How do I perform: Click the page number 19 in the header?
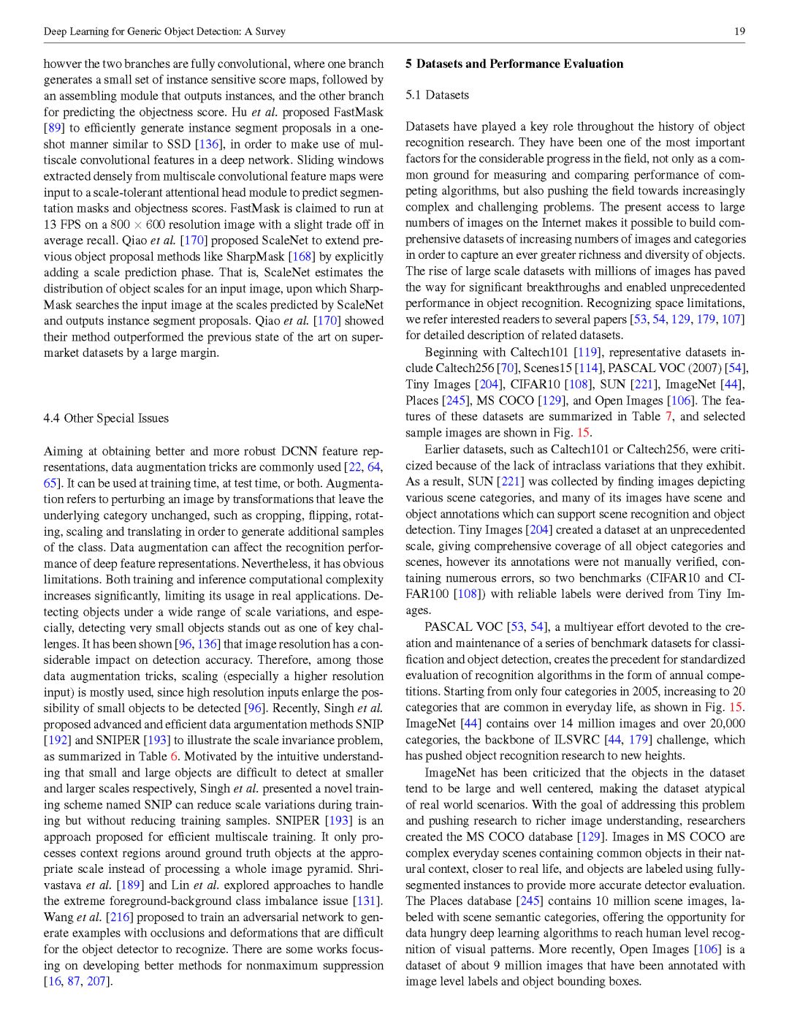pyautogui.click(x=739, y=31)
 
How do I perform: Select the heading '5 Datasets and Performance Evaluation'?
pyautogui.click(x=514, y=64)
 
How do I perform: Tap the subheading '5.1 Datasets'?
pyautogui.click(x=437, y=95)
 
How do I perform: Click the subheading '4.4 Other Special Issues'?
pyautogui.click(x=106, y=418)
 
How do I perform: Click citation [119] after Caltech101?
pyautogui.click(x=587, y=352)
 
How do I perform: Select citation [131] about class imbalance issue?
pyautogui.click(x=368, y=901)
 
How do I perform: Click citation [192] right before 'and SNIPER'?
pyautogui.click(x=57, y=741)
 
